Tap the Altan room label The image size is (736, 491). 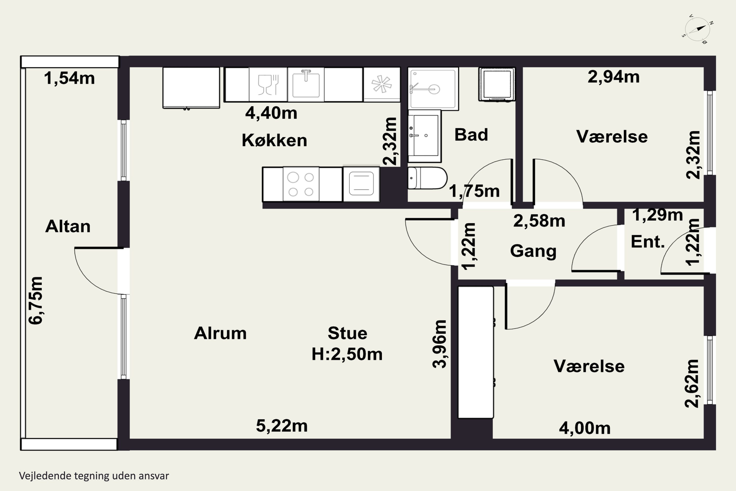(68, 226)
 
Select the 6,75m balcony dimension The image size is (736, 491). (35, 300)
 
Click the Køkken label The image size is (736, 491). (275, 140)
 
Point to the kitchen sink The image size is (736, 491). (306, 84)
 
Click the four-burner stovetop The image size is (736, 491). (301, 184)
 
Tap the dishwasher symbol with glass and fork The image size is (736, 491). (268, 84)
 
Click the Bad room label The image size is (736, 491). (471, 135)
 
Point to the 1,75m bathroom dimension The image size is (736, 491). (474, 191)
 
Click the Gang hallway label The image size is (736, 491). (533, 251)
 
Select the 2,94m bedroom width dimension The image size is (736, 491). (614, 77)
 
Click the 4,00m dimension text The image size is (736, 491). (585, 428)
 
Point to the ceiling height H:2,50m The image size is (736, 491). (347, 354)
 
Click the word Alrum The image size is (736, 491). (220, 333)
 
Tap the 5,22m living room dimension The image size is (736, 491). (282, 426)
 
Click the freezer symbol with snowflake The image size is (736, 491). (381, 84)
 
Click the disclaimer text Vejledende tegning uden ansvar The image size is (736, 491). (94, 476)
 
